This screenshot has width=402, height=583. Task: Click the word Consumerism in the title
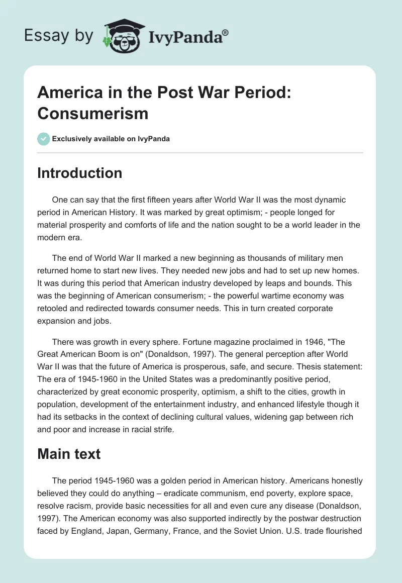[x=93, y=113]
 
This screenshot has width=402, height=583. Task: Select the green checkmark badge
[x=44, y=139]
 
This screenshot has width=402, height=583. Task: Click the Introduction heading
[x=80, y=173]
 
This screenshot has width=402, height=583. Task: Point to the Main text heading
[x=69, y=454]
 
